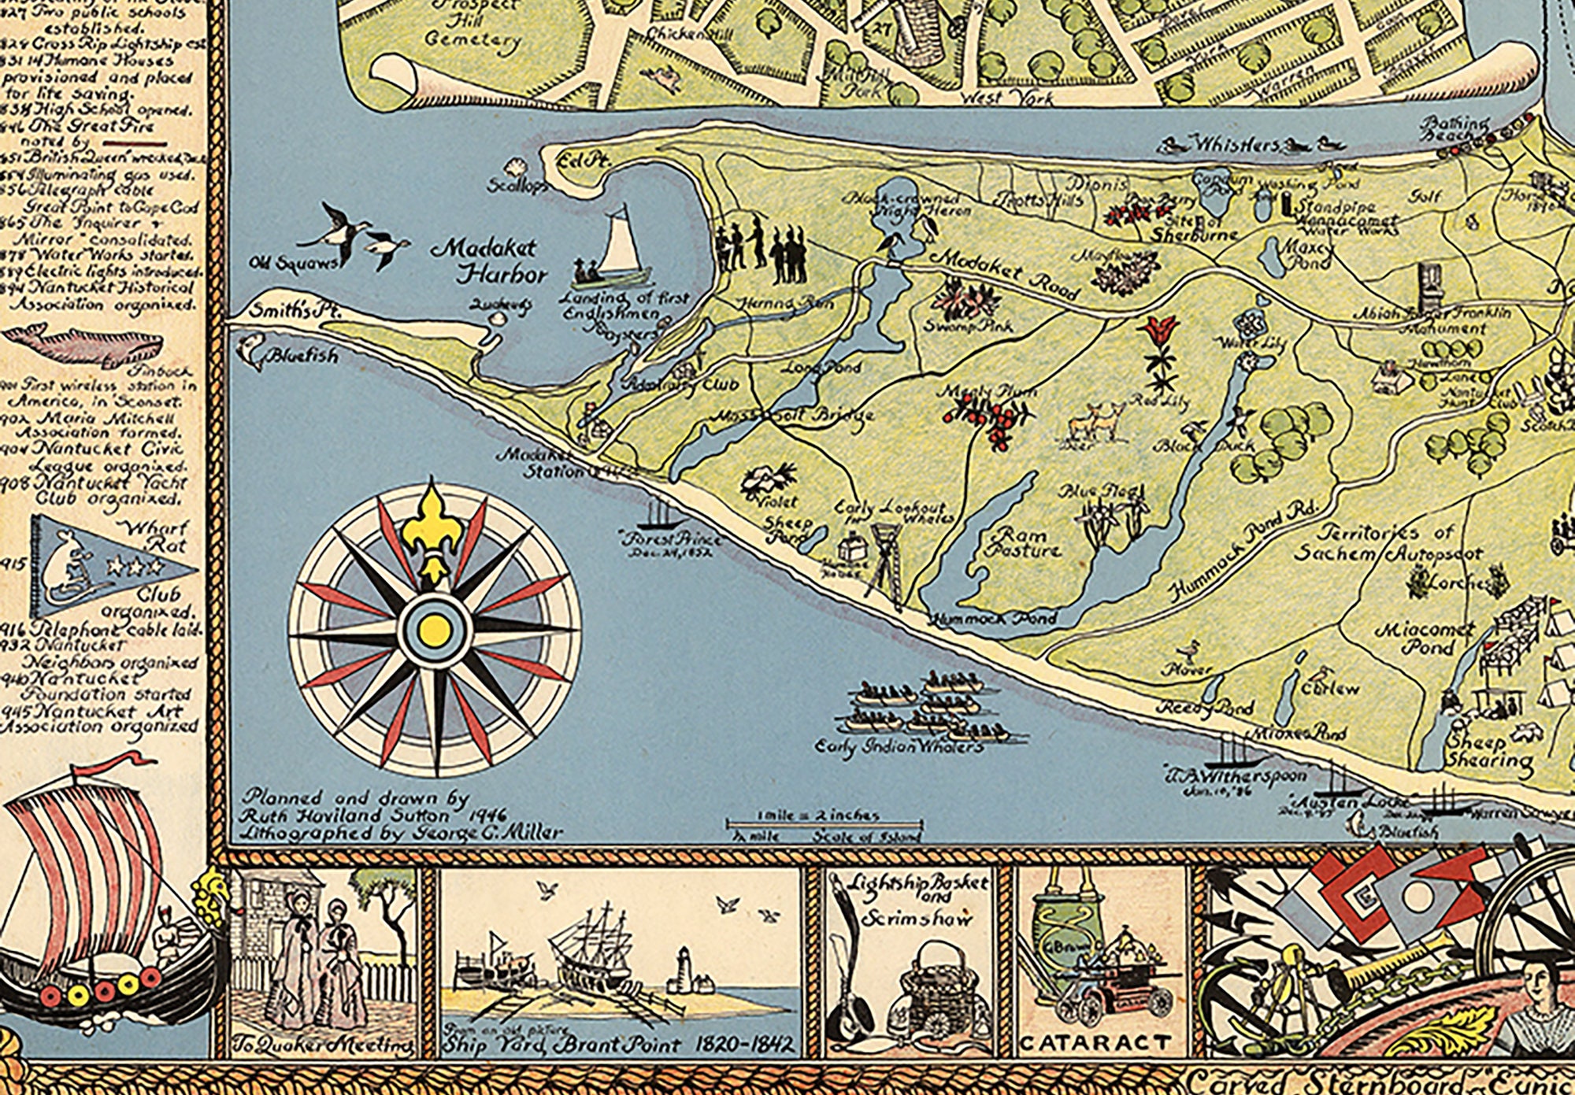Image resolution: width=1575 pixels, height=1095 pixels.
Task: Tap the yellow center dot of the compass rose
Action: click(x=432, y=628)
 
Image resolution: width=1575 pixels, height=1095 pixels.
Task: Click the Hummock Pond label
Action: click(x=993, y=619)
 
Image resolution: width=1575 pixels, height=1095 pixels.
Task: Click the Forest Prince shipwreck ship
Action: click(x=658, y=515)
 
